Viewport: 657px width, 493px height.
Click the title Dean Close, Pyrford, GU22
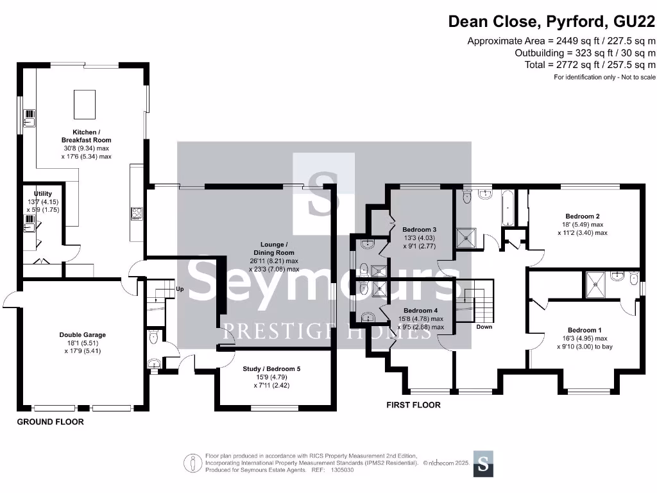[551, 21]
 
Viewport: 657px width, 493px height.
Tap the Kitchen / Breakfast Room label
[86, 136]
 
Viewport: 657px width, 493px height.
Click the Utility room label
[42, 194]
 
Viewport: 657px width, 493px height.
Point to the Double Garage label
[82, 334]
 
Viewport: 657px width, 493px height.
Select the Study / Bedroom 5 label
[271, 368]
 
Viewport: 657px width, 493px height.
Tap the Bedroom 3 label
[419, 230]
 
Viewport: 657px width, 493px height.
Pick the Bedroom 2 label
[582, 216]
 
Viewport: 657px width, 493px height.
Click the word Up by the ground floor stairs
[180, 290]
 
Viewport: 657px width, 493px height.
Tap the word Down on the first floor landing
[484, 327]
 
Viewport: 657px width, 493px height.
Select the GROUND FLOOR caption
[50, 422]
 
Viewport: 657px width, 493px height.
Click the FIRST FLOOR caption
[413, 405]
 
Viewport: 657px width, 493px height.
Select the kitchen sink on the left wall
[30, 118]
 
